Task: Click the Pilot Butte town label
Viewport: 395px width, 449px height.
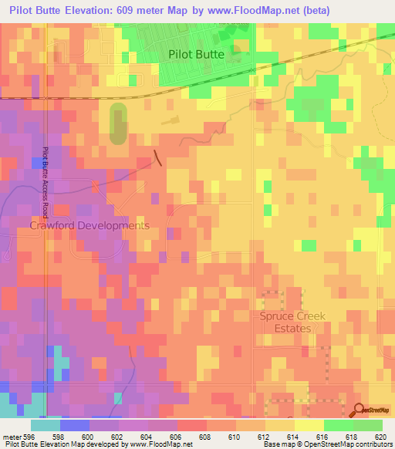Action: (x=197, y=55)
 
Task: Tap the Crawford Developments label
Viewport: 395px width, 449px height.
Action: (x=89, y=225)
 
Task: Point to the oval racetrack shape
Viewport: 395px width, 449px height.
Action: (x=118, y=124)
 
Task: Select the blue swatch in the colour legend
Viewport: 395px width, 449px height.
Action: (x=75, y=425)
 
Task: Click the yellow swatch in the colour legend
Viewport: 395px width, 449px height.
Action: (x=309, y=425)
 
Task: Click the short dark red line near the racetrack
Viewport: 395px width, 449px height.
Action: (x=157, y=158)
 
